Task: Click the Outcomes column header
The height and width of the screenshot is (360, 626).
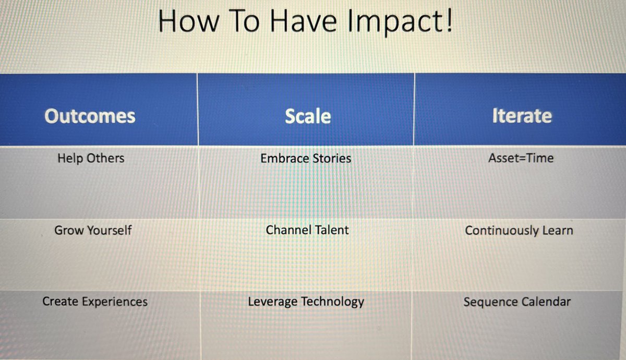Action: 90,116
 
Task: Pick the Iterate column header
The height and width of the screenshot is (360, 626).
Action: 522,116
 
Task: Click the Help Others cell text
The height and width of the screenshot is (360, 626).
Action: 91,158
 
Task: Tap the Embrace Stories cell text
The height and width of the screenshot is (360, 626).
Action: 306,158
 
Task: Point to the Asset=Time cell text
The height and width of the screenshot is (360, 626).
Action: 521,158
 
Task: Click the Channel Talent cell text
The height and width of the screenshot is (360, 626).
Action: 307,230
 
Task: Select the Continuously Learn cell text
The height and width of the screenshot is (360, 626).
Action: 519,231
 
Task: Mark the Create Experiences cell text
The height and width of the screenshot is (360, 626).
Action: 95,302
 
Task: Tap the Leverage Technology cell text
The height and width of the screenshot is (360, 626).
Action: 306,302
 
